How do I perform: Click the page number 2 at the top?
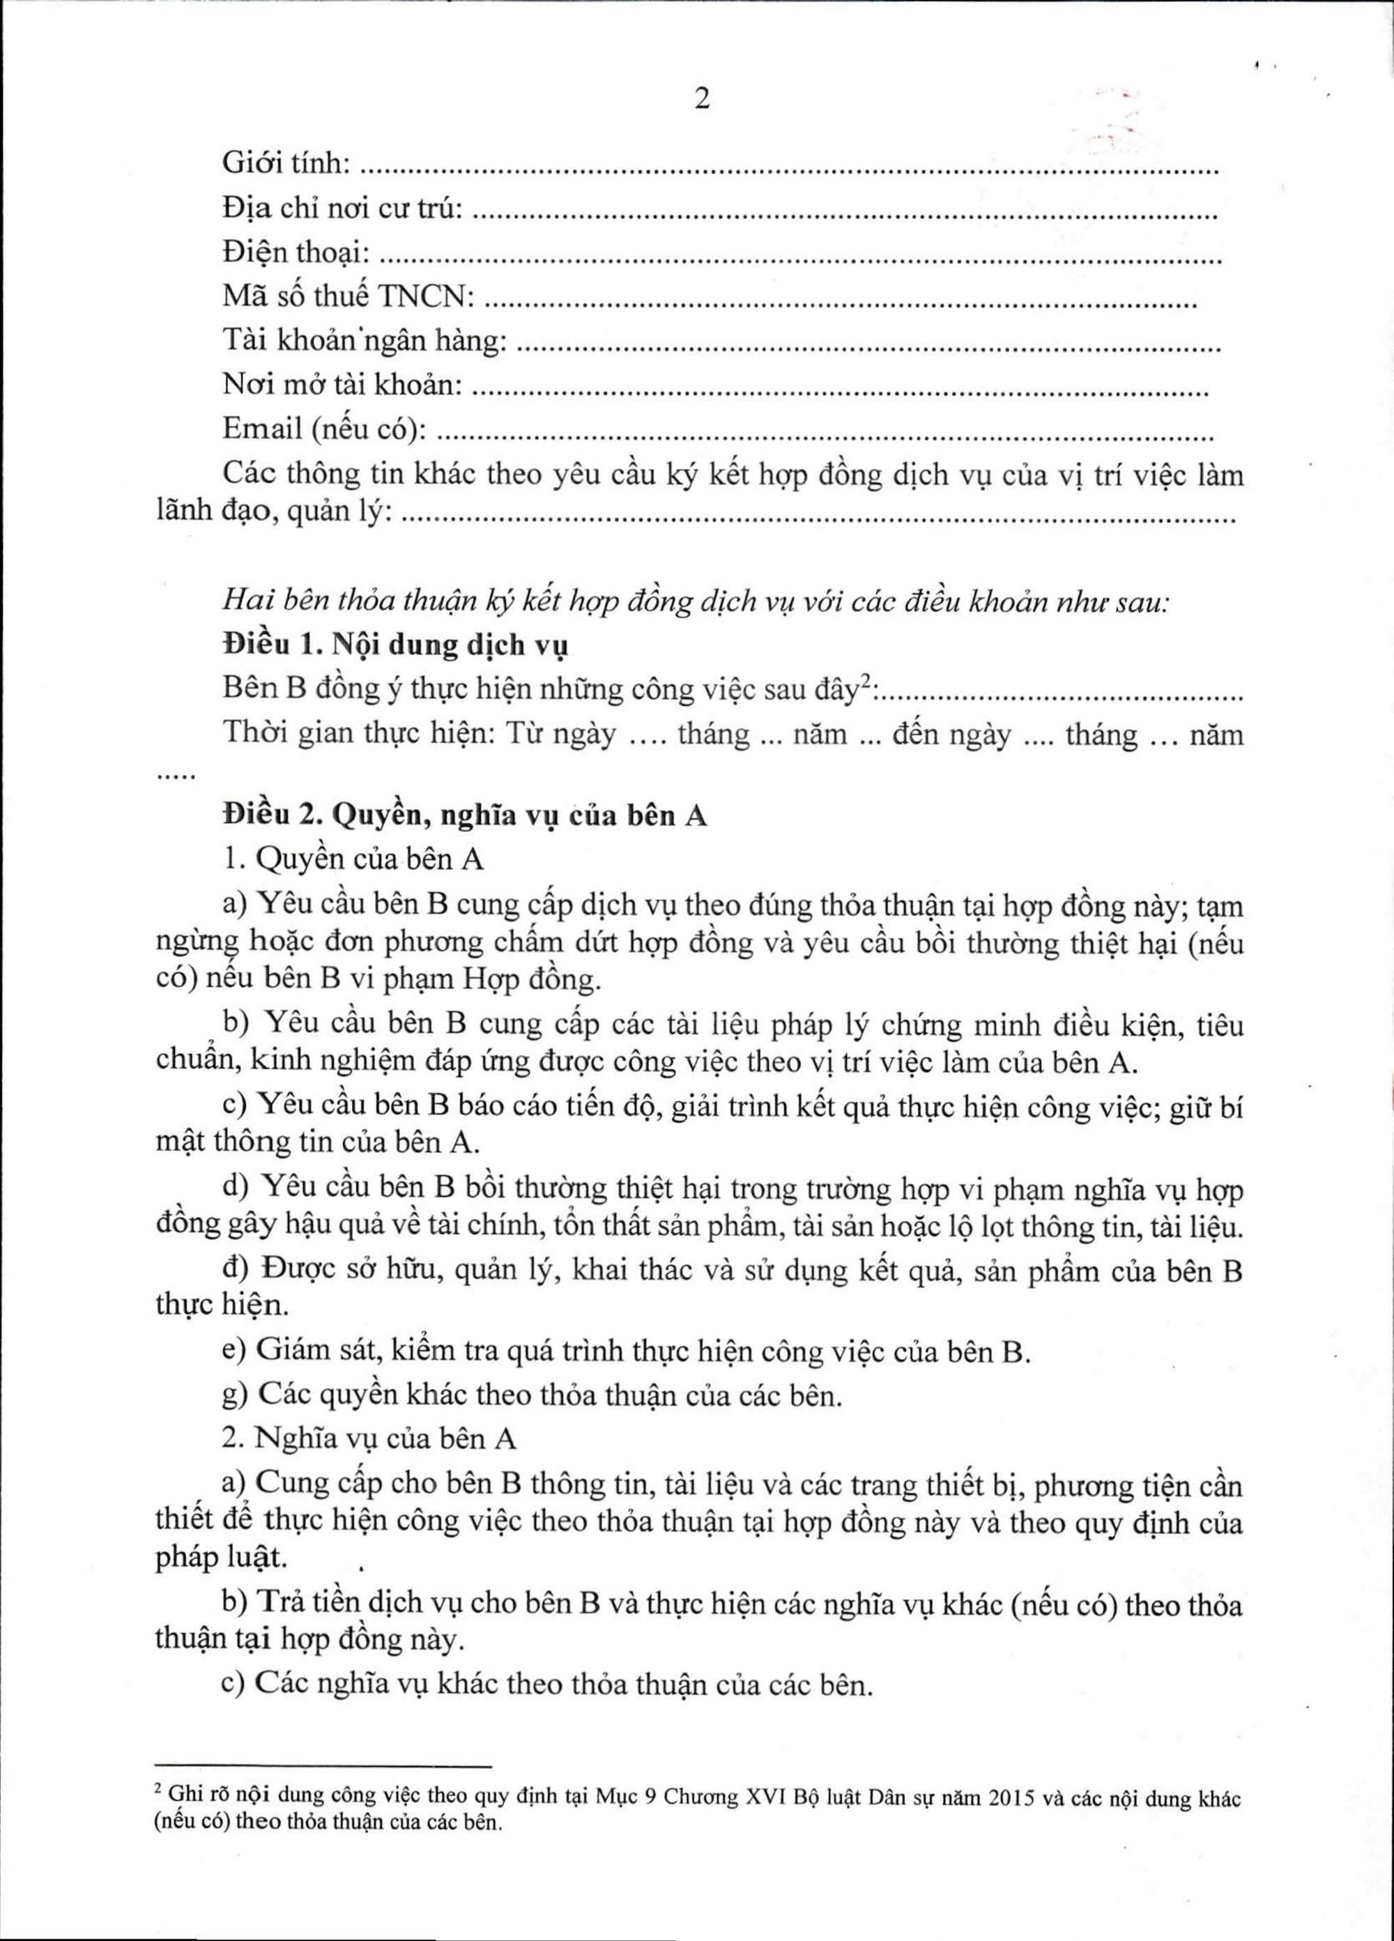(x=702, y=100)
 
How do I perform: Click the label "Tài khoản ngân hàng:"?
(x=365, y=341)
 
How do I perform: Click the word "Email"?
(x=262, y=429)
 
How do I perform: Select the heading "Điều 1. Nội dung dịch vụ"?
(x=395, y=645)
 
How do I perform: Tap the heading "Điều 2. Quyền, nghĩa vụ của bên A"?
(x=465, y=815)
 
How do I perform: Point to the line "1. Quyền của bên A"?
(x=353, y=859)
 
